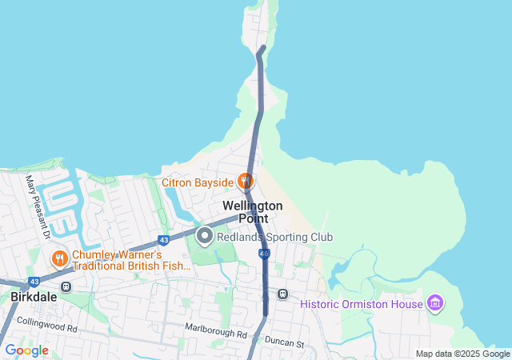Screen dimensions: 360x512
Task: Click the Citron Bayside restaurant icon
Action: point(246,182)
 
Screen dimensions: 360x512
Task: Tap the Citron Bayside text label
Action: point(198,182)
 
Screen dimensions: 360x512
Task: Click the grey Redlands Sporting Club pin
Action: point(205,236)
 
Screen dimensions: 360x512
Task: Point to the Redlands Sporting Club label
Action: point(274,237)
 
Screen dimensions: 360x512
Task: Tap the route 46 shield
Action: point(264,253)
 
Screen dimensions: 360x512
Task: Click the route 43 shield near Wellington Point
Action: point(164,239)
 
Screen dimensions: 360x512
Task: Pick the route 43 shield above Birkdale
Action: point(34,282)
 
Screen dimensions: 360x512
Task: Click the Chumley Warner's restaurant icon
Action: point(59,258)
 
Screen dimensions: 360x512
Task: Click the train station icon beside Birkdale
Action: point(66,286)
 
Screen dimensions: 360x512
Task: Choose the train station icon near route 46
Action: point(282,294)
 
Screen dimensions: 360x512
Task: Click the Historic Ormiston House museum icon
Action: point(436,303)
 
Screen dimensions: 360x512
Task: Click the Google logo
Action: point(26,350)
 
